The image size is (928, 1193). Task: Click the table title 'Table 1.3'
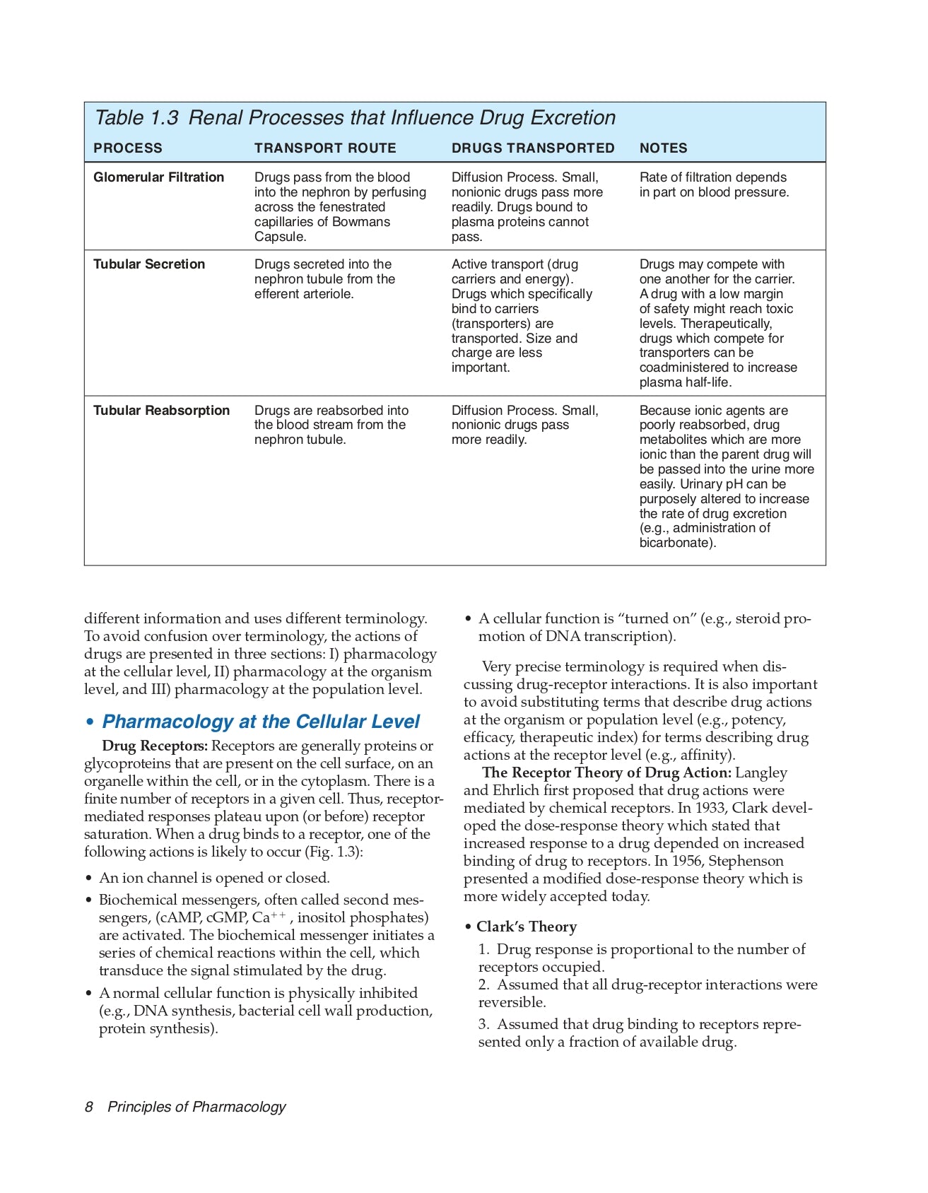[x=136, y=118]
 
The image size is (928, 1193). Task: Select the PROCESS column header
[x=128, y=148]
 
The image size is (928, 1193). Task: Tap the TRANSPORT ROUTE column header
[x=325, y=148]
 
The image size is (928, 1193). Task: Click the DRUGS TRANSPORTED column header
[x=533, y=148]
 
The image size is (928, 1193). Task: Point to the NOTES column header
[x=663, y=148]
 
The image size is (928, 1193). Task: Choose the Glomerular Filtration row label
[x=158, y=177]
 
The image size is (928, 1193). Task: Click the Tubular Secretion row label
[x=149, y=264]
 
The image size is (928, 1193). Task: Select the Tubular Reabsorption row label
[x=161, y=411]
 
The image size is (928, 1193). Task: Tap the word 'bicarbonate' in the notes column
[x=675, y=543]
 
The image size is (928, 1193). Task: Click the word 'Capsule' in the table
[x=279, y=237]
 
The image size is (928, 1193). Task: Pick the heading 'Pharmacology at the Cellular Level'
[x=261, y=722]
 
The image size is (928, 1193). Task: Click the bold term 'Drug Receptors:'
[x=155, y=746]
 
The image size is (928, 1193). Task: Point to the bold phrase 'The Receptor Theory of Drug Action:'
[x=606, y=773]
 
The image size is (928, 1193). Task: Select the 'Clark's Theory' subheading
[x=526, y=927]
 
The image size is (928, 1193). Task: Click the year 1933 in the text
[x=710, y=808]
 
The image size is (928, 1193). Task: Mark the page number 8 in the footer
[x=89, y=1107]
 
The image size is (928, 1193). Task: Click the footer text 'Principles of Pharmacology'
[x=196, y=1107]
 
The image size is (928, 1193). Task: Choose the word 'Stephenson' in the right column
[x=746, y=861]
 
